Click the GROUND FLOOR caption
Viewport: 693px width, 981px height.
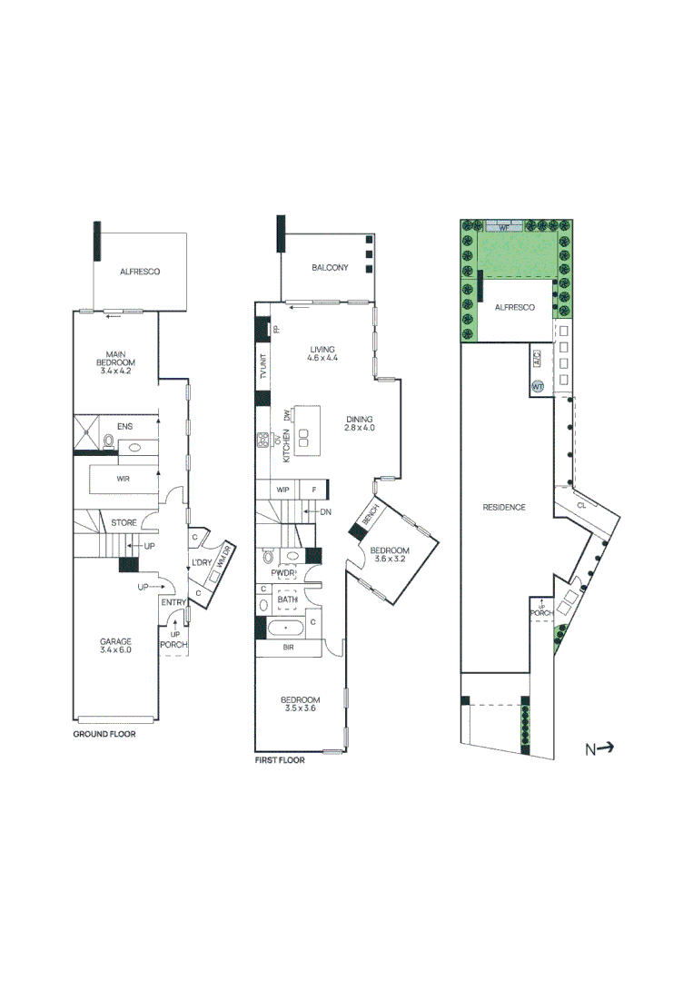coord(104,733)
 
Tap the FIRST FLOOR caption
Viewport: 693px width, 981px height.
coord(280,760)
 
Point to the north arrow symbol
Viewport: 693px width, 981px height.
coord(599,748)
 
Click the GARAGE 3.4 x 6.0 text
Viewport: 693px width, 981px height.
coord(115,645)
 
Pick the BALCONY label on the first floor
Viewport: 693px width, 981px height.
coord(330,267)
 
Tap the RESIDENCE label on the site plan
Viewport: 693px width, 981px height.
coord(504,507)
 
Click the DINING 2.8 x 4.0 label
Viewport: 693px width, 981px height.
coord(361,423)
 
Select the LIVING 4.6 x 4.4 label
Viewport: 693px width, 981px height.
coord(322,353)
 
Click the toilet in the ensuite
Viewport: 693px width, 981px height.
coord(109,442)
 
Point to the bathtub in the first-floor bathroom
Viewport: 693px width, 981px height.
coord(287,627)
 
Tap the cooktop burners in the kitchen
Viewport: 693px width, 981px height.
coord(263,441)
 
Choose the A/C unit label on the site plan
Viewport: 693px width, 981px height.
coord(537,360)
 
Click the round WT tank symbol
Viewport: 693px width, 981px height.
coord(537,386)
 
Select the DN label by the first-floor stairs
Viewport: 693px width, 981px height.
coord(326,512)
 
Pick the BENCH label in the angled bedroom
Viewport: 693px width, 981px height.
coord(371,515)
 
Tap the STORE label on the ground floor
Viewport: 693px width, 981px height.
coord(124,523)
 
